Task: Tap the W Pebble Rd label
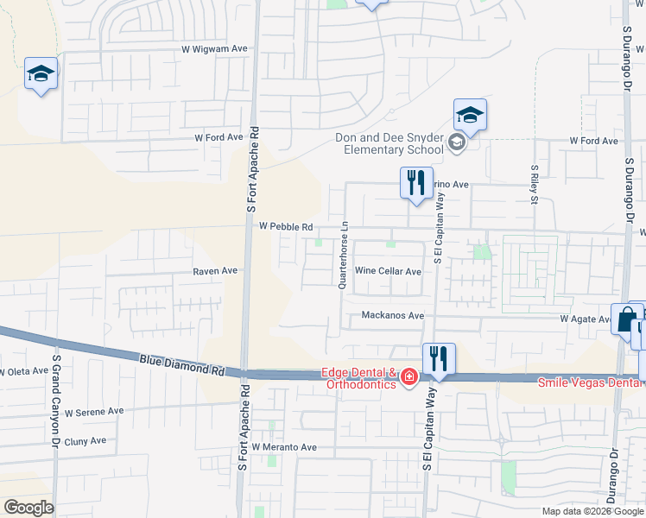tap(285, 226)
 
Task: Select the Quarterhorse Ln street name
tap(344, 254)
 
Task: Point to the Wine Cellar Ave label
tap(388, 271)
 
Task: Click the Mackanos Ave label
tap(393, 316)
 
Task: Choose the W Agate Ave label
tap(586, 319)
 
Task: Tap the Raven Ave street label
tap(215, 270)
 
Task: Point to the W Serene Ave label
tap(95, 412)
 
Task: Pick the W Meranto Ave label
tap(285, 447)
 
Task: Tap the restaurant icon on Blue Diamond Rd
tap(439, 358)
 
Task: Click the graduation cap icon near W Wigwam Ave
tap(41, 74)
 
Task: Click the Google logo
tap(28, 508)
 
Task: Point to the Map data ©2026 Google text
tap(592, 511)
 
